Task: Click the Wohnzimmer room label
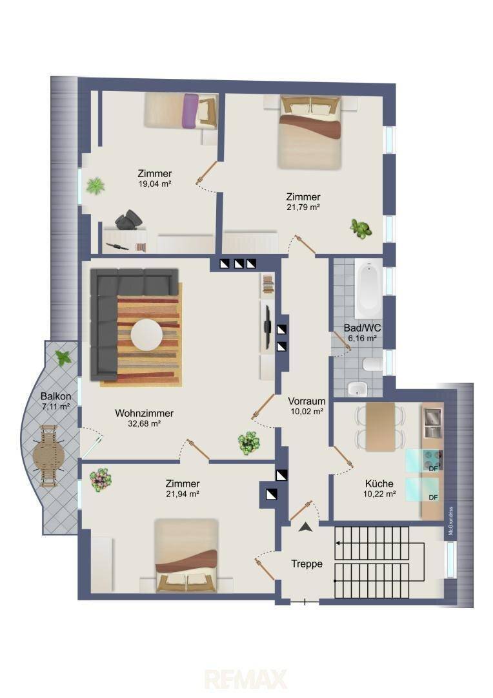(x=144, y=413)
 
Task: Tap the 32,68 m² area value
(x=144, y=424)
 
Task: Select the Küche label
(x=379, y=483)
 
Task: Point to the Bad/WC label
(x=362, y=328)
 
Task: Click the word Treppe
(x=307, y=564)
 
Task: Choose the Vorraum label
(x=307, y=401)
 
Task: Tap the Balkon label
(x=55, y=396)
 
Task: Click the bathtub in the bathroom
(x=368, y=290)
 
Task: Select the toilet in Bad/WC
(x=372, y=365)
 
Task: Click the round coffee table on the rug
(x=146, y=334)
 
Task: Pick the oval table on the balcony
(x=49, y=456)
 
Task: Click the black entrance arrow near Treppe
(x=305, y=527)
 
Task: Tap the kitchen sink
(x=432, y=423)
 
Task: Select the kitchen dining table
(x=380, y=427)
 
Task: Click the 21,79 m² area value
(x=303, y=207)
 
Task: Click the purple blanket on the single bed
(x=190, y=110)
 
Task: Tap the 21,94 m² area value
(x=182, y=494)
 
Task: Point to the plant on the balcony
(x=63, y=357)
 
